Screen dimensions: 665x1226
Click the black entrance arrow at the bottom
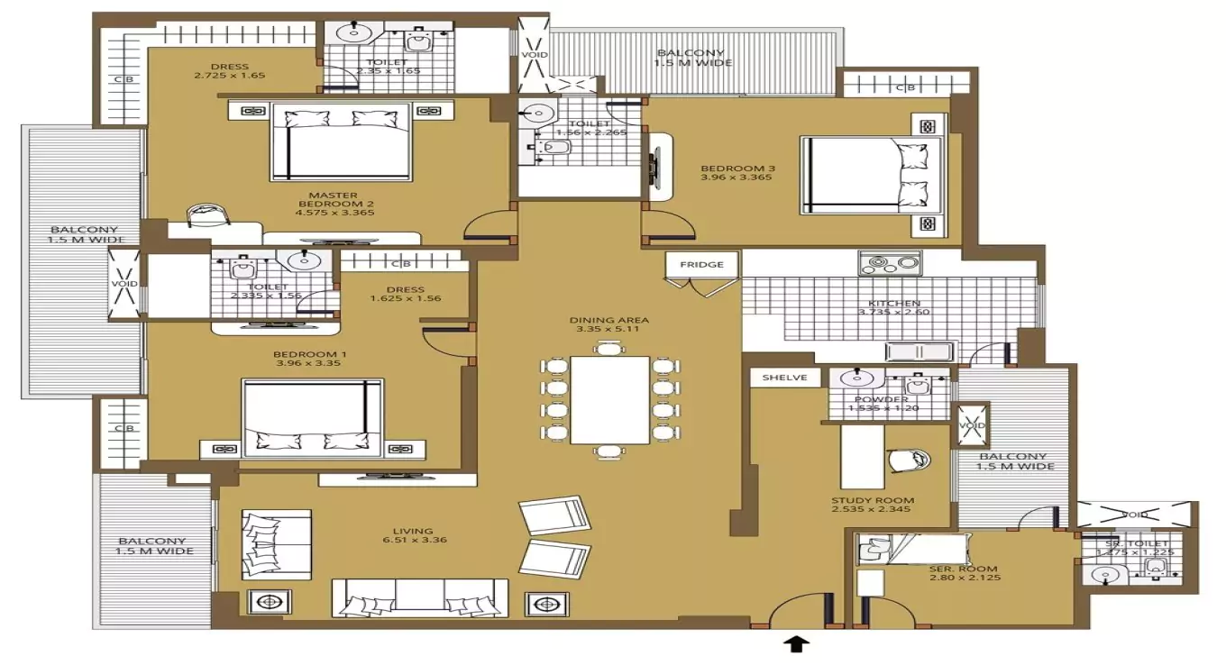point(798,643)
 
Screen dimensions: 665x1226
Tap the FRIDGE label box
point(702,265)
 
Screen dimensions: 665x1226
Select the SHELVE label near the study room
point(783,378)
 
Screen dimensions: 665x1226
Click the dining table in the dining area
point(610,400)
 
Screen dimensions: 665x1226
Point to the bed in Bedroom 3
point(870,176)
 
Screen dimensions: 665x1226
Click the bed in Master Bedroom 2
point(340,141)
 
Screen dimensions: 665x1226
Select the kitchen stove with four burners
point(890,264)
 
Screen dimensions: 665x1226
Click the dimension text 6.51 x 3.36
point(414,541)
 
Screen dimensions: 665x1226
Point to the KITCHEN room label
point(893,304)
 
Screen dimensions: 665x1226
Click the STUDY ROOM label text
point(873,501)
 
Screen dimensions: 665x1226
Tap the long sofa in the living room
point(420,597)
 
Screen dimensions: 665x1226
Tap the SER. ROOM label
point(964,569)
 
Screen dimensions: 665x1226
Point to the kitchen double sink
point(919,351)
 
